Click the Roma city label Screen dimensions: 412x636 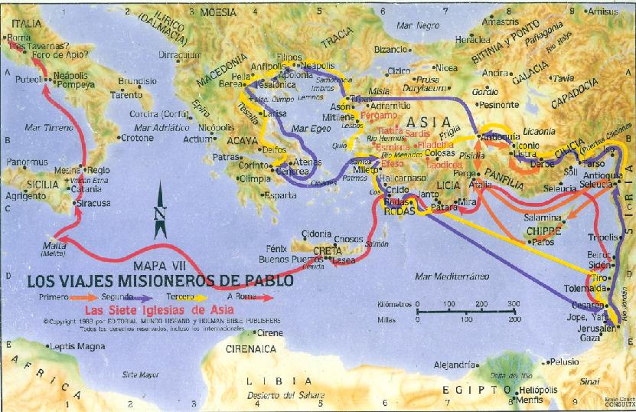[x=19, y=38]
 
